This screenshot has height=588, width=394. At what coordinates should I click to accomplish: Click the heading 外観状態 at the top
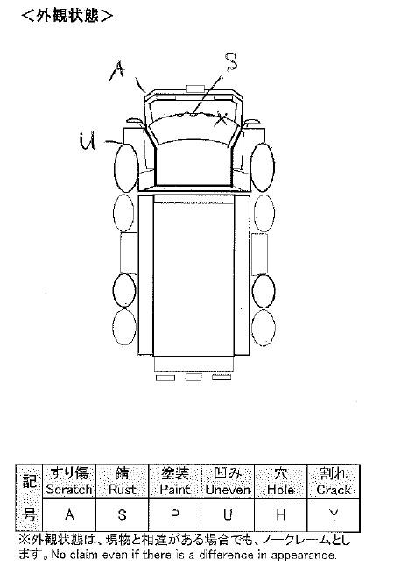(x=67, y=16)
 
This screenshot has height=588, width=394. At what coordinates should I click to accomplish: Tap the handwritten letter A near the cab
(x=118, y=70)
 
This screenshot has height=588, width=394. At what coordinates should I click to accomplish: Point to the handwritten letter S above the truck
(x=230, y=61)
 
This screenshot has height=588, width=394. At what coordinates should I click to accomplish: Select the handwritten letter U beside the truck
(x=88, y=141)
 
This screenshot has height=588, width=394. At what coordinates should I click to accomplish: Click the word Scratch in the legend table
(x=69, y=489)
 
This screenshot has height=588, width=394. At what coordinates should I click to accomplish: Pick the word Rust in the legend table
(x=122, y=489)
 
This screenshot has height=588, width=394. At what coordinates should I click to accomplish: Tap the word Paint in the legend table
(x=174, y=489)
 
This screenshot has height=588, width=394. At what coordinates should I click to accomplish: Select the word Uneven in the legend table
(x=228, y=489)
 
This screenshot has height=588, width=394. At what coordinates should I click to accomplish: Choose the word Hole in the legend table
(x=280, y=489)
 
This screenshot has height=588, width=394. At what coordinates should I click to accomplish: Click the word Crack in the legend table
(x=334, y=489)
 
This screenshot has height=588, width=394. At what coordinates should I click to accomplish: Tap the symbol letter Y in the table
(x=334, y=515)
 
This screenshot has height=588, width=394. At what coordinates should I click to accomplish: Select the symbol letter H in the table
(x=281, y=515)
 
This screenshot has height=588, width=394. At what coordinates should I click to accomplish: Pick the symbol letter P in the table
(x=175, y=515)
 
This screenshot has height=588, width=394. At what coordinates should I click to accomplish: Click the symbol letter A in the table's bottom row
(x=70, y=515)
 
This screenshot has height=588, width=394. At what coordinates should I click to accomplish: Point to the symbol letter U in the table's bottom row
(x=228, y=515)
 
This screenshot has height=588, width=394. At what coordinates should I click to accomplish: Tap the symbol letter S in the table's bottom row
(x=122, y=515)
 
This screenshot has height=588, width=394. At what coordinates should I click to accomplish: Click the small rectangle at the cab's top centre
(x=195, y=89)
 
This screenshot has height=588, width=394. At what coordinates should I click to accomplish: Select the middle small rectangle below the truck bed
(x=193, y=378)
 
